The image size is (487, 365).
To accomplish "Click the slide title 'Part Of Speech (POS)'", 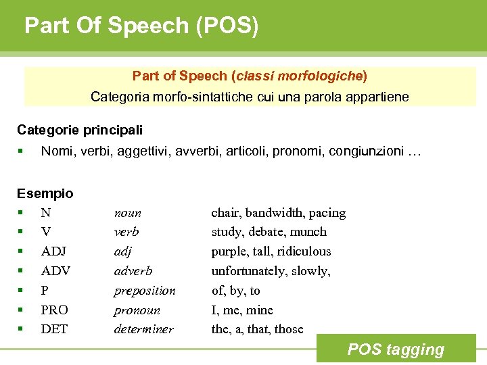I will [x=141, y=26].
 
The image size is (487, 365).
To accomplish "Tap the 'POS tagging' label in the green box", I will [x=396, y=349].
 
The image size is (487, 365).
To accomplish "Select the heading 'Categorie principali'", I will [x=80, y=129].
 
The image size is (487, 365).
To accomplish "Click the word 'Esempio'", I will [x=45, y=193].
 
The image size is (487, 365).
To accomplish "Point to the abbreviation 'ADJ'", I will [x=54, y=251].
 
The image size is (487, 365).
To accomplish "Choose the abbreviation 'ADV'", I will [x=55, y=271].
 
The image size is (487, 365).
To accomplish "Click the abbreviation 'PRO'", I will [x=55, y=310].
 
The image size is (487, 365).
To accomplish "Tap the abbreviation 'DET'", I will [x=54, y=330].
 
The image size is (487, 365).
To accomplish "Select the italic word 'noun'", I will [x=128, y=213].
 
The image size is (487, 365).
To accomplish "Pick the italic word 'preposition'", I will [x=145, y=291].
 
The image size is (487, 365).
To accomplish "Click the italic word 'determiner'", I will [x=144, y=330].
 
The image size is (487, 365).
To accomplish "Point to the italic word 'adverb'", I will [x=133, y=271].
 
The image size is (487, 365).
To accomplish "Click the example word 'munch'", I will [x=309, y=232].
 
